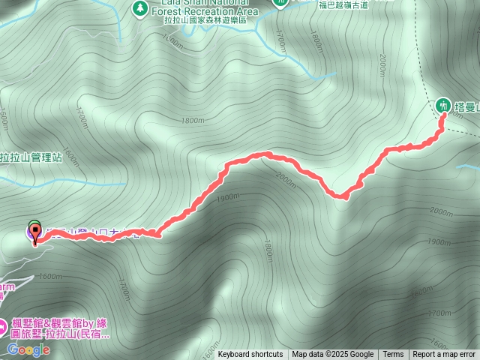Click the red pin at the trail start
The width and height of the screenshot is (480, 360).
point(34,233)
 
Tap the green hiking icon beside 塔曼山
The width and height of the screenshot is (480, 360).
point(443,105)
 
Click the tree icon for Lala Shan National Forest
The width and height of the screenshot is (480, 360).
point(139,7)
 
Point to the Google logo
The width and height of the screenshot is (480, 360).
point(28,349)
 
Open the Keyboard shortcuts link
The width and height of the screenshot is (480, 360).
point(250,355)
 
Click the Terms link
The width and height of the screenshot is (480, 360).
point(393,355)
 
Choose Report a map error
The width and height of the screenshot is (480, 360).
point(444,355)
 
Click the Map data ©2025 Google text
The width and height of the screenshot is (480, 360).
point(333,355)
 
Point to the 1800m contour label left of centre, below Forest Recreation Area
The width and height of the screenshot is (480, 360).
point(193,120)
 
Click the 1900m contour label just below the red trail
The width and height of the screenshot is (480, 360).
point(228,197)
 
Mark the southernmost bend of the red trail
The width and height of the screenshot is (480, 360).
point(340,196)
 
